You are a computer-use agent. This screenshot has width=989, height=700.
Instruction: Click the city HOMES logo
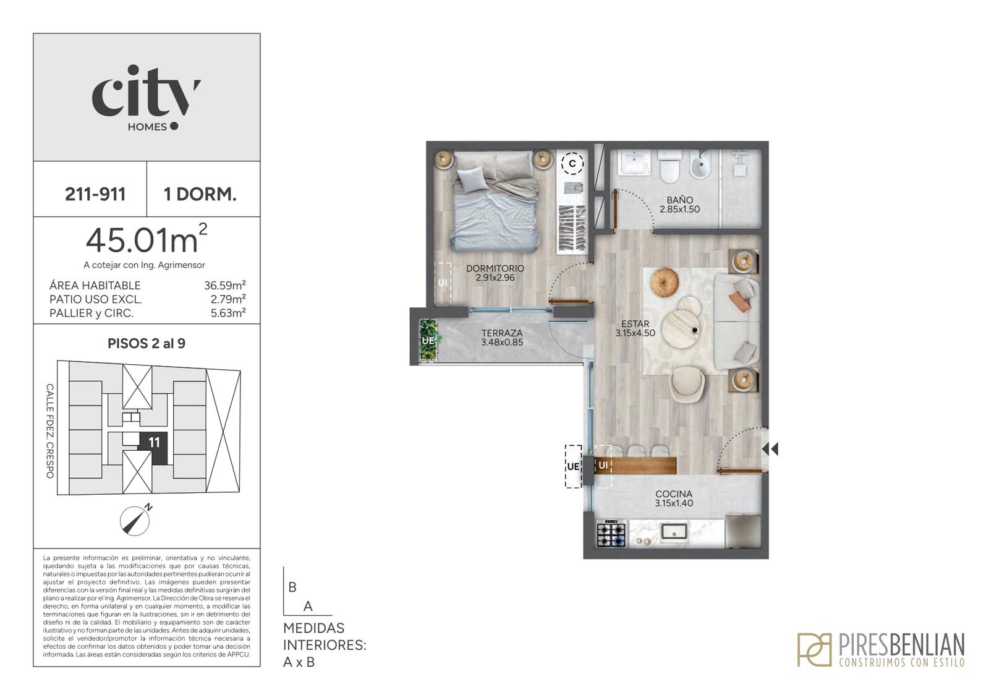click(x=146, y=98)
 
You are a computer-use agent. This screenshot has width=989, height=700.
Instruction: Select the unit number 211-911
click(x=95, y=194)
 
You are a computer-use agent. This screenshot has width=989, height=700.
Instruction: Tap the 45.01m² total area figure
click(x=146, y=239)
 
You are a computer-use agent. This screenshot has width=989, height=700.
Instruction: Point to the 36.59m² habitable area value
click(x=225, y=285)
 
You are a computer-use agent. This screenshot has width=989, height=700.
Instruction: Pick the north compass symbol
click(x=135, y=520)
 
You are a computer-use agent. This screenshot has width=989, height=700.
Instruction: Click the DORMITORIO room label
click(x=495, y=268)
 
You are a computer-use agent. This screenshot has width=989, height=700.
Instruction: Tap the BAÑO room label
click(x=680, y=200)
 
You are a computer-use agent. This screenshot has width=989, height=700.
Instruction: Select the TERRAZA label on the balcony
click(x=502, y=333)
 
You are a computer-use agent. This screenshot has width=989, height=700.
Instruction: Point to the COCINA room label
click(x=674, y=493)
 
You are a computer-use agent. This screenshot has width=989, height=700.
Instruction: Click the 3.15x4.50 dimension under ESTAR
click(x=635, y=333)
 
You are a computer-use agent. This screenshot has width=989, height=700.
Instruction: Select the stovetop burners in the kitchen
click(x=611, y=535)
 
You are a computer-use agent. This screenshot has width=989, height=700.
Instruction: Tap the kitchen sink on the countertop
click(x=673, y=531)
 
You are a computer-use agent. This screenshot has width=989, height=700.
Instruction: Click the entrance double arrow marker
click(x=770, y=449)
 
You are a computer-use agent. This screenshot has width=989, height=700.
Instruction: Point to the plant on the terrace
click(x=428, y=339)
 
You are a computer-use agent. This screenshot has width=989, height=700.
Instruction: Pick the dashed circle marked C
click(x=572, y=164)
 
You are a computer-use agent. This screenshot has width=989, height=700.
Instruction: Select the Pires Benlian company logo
click(x=881, y=649)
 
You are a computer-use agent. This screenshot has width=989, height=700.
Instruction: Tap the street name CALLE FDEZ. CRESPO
click(x=50, y=430)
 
